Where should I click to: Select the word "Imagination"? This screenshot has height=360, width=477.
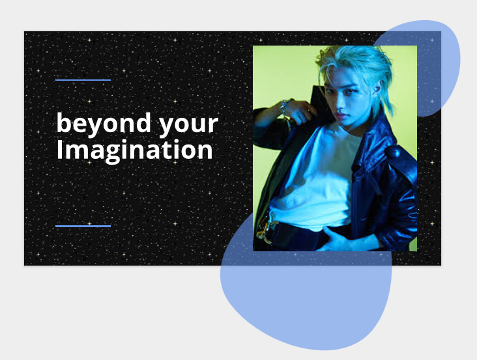(x=134, y=150)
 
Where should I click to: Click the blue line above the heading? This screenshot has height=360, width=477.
(x=83, y=80)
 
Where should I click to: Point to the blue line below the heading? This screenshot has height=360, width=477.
(x=83, y=226)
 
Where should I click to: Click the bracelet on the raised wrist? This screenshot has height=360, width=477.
(x=285, y=107)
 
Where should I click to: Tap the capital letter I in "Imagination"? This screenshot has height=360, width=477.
(x=60, y=150)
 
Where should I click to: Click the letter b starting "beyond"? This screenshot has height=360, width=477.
(x=63, y=122)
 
